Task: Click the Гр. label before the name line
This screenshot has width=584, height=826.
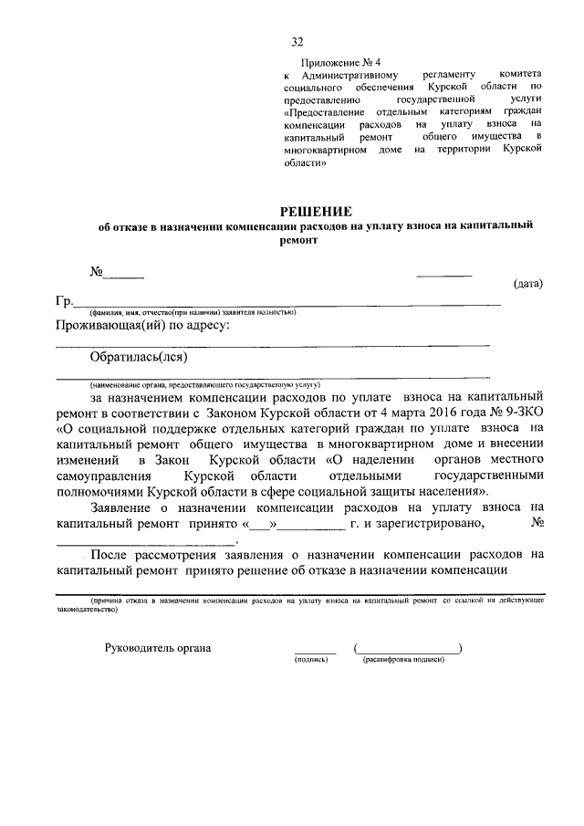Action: click(x=64, y=301)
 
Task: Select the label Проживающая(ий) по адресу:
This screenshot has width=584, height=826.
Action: click(x=142, y=326)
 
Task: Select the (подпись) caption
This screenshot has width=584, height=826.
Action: click(x=310, y=660)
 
